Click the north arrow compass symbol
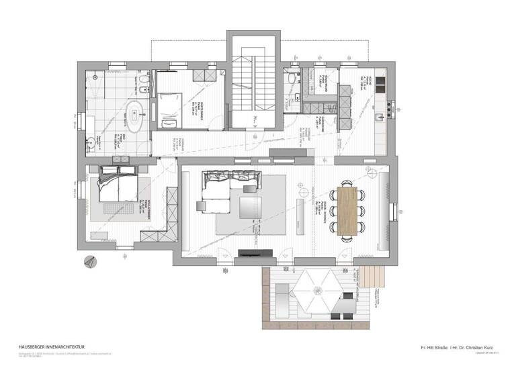tap(87, 263)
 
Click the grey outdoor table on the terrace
tap(345, 306)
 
